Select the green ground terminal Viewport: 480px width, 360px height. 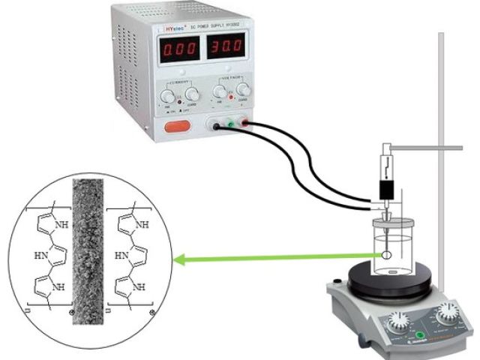[231, 126]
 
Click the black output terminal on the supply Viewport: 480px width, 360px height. [217, 127]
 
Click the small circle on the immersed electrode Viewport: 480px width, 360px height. [386, 255]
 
